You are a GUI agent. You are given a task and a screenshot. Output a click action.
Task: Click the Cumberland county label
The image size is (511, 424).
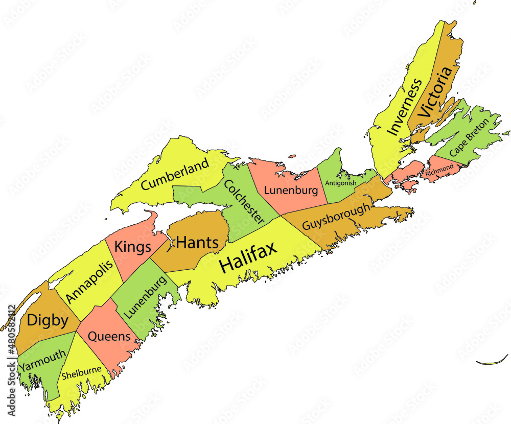[x=175, y=175]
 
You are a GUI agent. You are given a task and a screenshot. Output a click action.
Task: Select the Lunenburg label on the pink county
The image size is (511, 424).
[x=291, y=191]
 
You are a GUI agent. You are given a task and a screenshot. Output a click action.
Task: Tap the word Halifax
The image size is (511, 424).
[x=248, y=257]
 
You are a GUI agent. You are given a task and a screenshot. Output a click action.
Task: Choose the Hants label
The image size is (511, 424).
[x=197, y=243]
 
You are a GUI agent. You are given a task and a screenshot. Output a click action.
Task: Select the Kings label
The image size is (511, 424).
[x=132, y=247]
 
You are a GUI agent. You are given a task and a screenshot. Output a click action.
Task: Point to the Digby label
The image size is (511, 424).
[x=47, y=320]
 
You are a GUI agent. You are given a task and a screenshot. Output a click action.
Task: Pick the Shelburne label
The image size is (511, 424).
[x=81, y=373]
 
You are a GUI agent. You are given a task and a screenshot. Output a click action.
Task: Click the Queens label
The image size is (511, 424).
[x=109, y=337]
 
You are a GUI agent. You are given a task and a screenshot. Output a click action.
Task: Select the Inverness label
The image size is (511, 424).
[x=405, y=107]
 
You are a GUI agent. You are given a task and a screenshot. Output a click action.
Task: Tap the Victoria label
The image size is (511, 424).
[x=435, y=93]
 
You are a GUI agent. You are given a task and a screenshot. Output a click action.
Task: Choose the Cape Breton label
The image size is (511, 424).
[x=469, y=137]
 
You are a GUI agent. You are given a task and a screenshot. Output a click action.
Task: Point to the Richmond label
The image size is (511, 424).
[x=439, y=170]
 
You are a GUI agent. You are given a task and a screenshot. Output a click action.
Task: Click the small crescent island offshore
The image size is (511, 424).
[x=492, y=361]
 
